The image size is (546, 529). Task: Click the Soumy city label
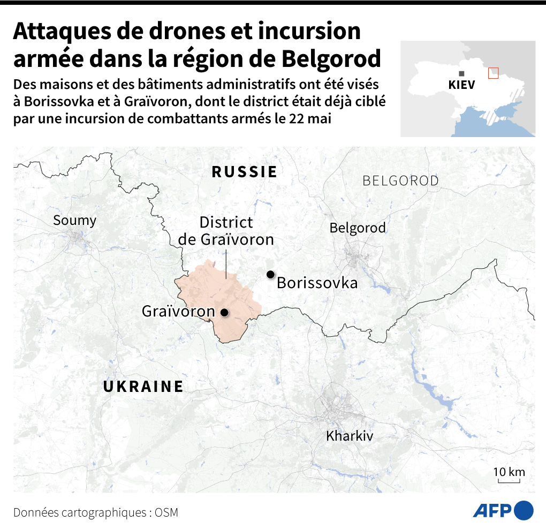pos(74,220)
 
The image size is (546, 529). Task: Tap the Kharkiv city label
pos(350,436)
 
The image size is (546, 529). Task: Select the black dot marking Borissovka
pos(271,275)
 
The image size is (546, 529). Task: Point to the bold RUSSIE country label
pos(245,172)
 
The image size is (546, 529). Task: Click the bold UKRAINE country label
pos(143,387)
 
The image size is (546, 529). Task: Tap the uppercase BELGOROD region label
pos(400,181)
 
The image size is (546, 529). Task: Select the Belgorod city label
pos(357,228)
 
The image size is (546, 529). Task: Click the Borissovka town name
pos(317,283)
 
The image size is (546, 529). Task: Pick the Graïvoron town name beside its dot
pos(178,311)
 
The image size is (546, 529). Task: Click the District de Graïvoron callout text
pos(226,231)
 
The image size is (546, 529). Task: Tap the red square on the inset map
pos(493,73)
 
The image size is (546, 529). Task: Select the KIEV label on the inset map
pos(461,86)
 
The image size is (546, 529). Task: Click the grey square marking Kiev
pos(461,74)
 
